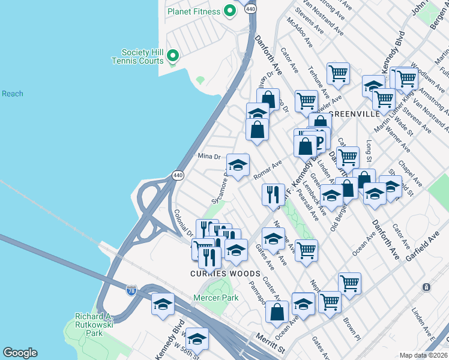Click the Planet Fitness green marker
(229, 11)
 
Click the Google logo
(20, 353)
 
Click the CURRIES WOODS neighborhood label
(225, 274)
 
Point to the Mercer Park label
(215, 298)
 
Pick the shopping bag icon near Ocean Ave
(277, 311)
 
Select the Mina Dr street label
(209, 157)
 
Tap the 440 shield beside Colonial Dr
(178, 175)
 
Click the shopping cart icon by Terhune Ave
(339, 73)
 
